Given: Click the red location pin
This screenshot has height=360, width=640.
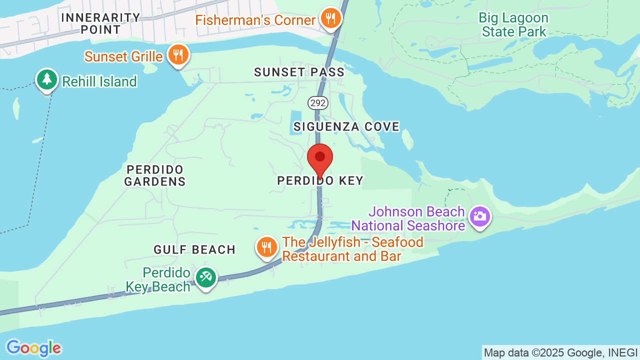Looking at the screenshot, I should pos(320,159).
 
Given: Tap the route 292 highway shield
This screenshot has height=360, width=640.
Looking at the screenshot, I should pos(318,103).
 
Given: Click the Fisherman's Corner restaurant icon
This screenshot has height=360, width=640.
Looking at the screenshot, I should pos(330,18).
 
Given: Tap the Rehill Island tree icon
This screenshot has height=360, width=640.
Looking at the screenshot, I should pos(47,79).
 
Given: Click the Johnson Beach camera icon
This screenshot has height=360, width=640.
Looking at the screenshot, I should pos(479,217).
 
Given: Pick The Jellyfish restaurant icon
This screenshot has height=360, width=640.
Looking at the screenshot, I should pos(267,247).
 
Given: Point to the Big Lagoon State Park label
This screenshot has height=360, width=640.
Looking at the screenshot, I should pos(513,25).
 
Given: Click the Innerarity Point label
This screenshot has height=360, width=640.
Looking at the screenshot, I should pos(100,23).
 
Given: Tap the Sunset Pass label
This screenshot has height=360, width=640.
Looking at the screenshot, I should pos(299,72).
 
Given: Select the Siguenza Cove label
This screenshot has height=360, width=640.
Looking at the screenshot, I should pos(346,127).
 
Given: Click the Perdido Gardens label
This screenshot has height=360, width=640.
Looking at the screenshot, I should pos(155,175).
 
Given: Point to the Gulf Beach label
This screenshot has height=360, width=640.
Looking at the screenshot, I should pos(194,249).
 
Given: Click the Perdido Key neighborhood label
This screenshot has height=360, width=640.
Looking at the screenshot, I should pos(320,181).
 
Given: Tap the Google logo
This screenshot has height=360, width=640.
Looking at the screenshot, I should pos(33,348).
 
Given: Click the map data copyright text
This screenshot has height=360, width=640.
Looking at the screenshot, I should pos(560,352).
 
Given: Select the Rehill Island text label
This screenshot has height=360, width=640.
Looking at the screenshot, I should pos(99,81).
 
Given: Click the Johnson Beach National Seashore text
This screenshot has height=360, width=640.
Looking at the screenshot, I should pos(408,219).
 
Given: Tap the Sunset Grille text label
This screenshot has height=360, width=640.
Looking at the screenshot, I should pos(123,56).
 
